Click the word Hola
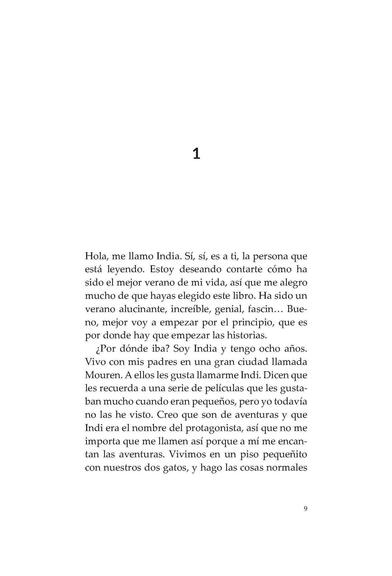tap(96, 256)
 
